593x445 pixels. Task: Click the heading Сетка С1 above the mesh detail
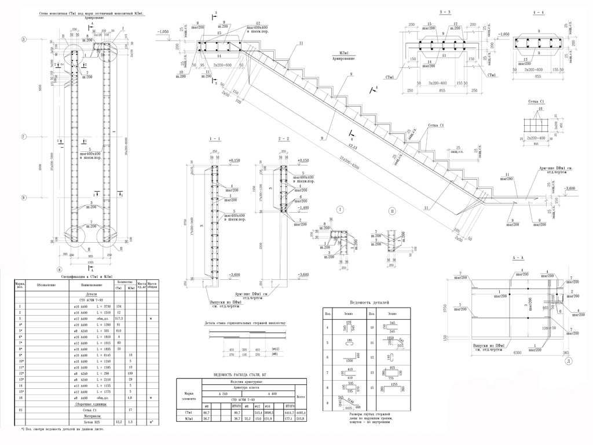click(538, 101)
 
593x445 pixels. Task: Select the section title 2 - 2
click(284, 140)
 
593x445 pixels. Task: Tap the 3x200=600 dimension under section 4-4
click(538, 69)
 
